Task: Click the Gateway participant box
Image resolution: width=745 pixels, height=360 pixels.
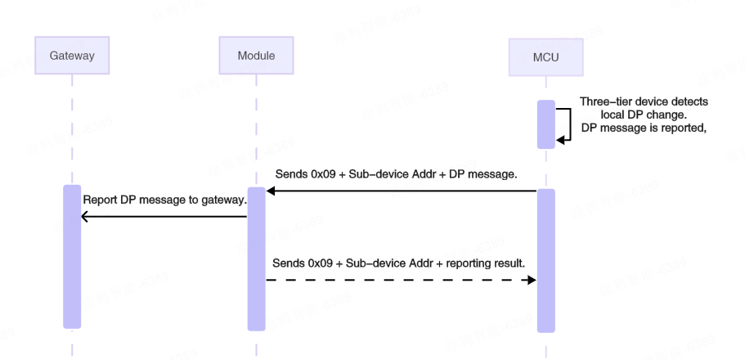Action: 72,56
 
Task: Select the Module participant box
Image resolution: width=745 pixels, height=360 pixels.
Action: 256,56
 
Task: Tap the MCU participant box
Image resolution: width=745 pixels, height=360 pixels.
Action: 545,57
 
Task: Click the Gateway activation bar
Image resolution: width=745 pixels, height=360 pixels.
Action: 72,256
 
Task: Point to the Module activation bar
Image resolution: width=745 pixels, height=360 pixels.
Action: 256,259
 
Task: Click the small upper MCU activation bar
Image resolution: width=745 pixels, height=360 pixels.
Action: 545,124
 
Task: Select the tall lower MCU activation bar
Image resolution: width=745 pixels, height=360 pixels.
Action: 545,260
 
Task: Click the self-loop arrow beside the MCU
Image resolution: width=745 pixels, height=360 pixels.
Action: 567,124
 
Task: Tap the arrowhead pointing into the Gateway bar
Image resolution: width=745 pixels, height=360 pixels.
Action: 85,217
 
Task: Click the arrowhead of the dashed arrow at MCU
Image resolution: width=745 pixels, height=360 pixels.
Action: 532,280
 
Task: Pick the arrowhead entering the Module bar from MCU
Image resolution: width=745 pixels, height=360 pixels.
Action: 271,191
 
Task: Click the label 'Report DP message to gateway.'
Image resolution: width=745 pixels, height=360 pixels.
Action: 164,200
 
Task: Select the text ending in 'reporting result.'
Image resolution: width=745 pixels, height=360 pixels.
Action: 398,263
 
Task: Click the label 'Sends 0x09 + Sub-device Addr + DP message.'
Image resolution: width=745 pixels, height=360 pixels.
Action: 396,174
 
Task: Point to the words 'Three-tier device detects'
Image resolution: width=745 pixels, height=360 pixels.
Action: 644,101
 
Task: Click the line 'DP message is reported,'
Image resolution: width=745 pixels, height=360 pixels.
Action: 643,128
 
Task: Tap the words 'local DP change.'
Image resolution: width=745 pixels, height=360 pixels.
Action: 644,115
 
